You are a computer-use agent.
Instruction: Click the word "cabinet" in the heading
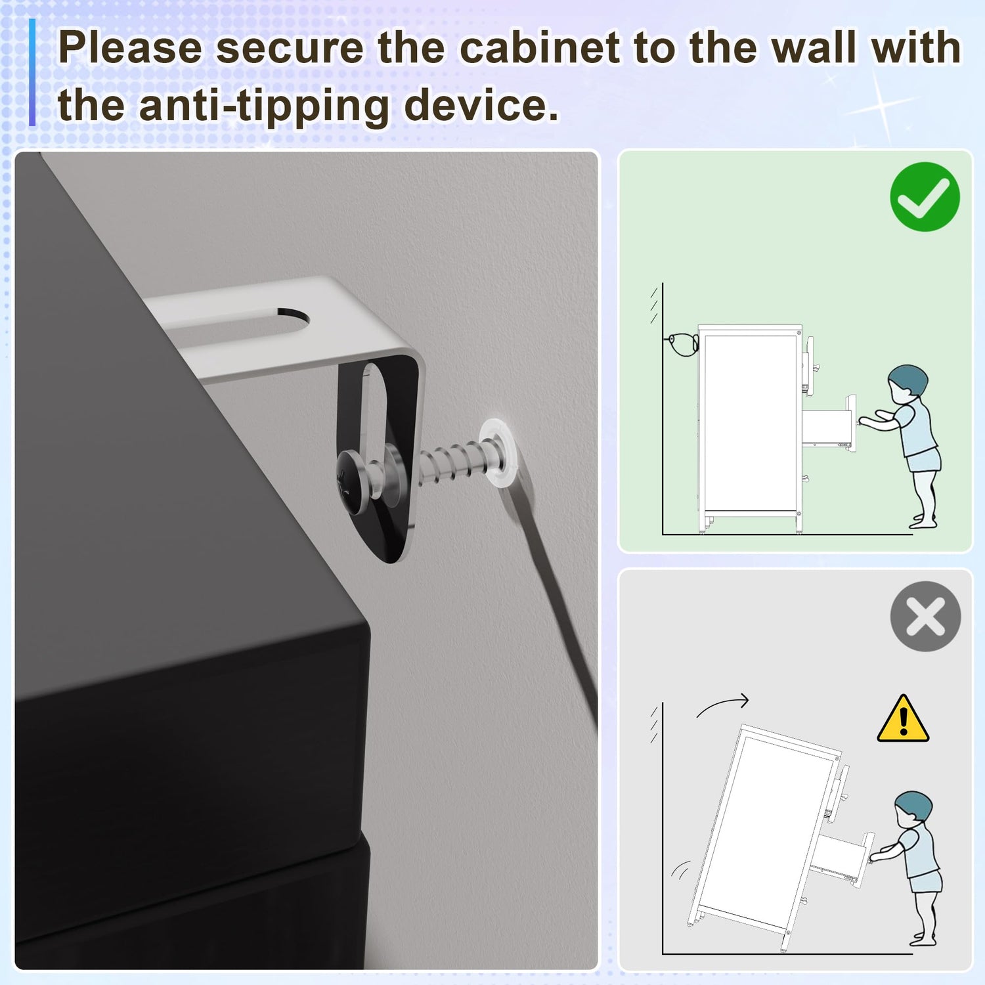coord(539,48)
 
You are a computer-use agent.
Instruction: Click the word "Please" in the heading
coord(131,48)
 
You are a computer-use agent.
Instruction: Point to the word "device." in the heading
coord(481,105)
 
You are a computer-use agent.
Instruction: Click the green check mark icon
coord(925,196)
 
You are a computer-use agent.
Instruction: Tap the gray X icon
coord(925,616)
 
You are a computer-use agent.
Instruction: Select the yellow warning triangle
coord(903,719)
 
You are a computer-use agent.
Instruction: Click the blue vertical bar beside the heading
coord(32,72)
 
